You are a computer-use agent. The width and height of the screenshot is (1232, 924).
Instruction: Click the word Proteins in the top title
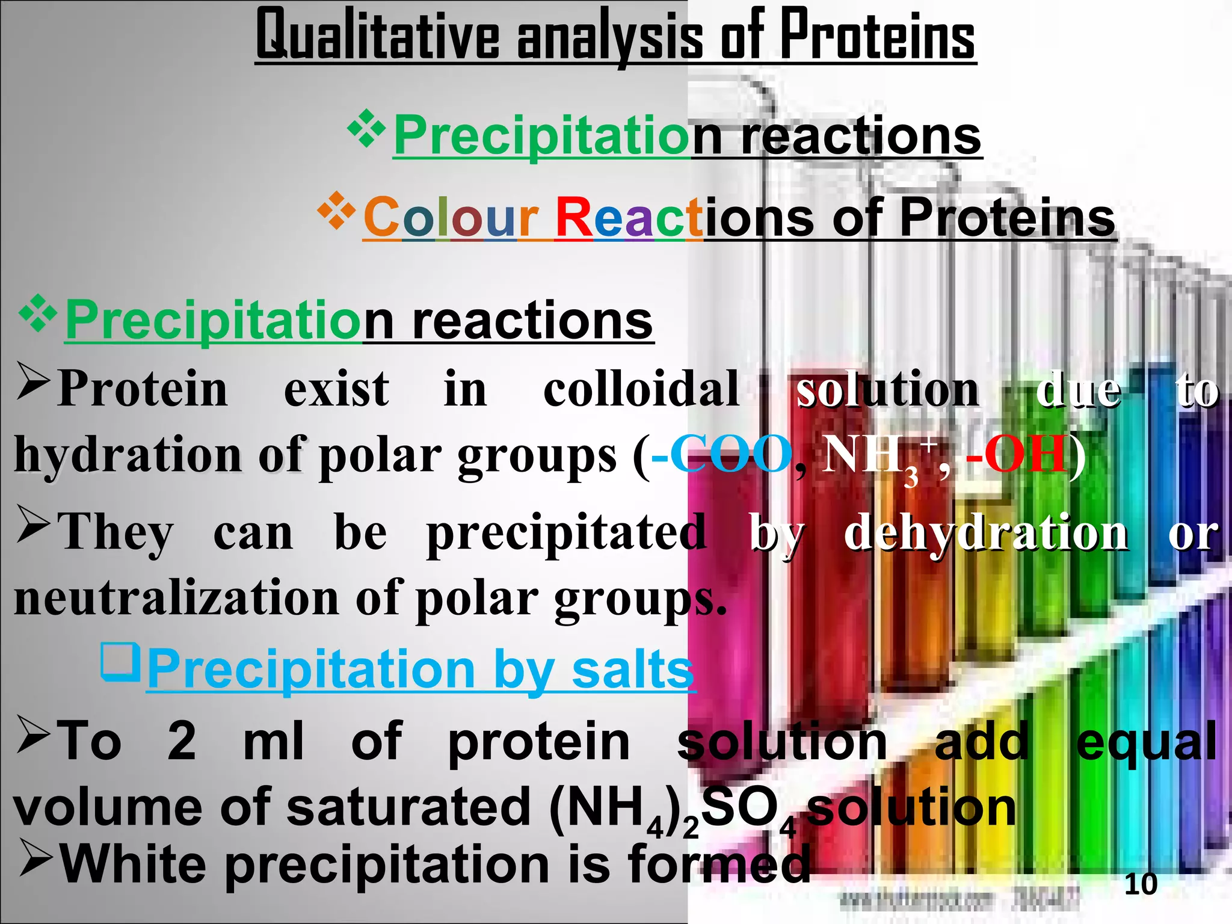click(878, 36)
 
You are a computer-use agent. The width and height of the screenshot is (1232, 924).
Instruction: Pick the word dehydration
click(986, 533)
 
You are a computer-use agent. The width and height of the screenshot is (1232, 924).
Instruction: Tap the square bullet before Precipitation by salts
click(121, 662)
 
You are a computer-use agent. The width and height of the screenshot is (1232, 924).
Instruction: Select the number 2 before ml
click(182, 741)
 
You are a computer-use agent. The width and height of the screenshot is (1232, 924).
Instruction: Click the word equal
click(1147, 741)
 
